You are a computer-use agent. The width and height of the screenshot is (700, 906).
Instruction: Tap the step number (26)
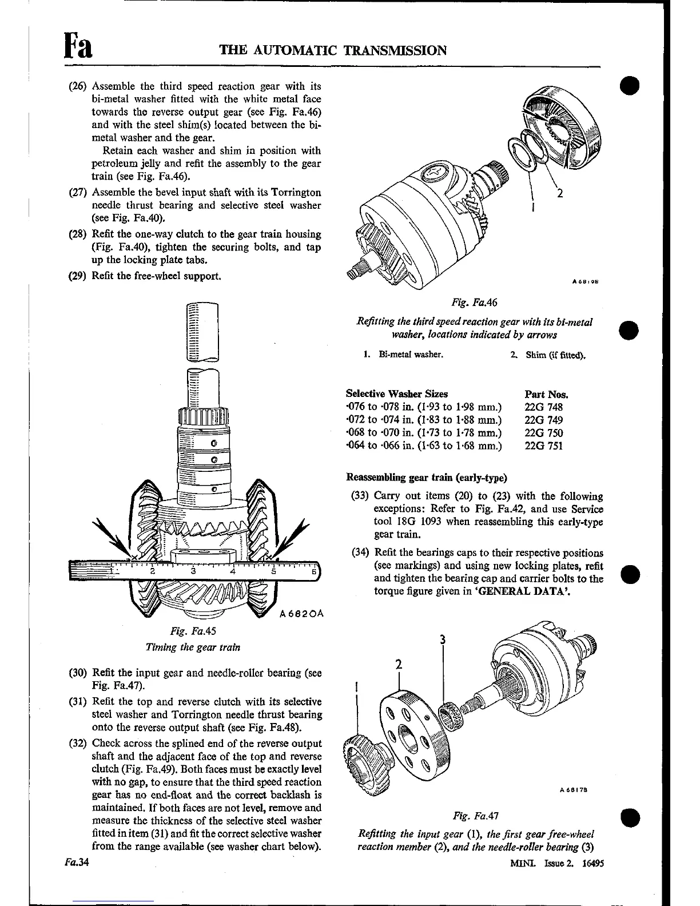pyautogui.click(x=77, y=86)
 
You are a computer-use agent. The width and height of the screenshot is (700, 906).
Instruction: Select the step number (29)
pyautogui.click(x=77, y=276)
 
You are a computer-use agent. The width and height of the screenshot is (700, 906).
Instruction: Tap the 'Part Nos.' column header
pyautogui.click(x=546, y=394)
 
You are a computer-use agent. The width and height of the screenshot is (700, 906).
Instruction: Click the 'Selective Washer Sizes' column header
pyautogui.click(x=397, y=394)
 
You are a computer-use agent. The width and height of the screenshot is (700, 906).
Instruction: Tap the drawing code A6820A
pyautogui.click(x=302, y=614)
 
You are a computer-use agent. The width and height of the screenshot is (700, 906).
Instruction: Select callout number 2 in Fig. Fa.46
pyautogui.click(x=560, y=193)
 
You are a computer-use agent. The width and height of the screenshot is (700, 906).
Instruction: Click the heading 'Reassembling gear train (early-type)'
pyautogui.click(x=427, y=477)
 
